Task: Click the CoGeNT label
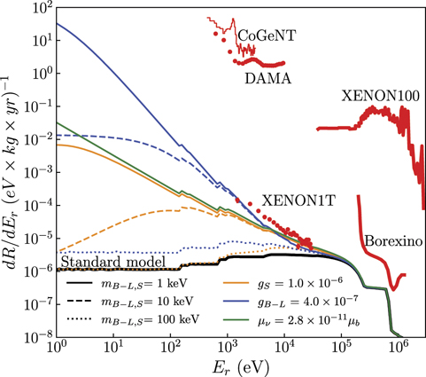pos(266,34)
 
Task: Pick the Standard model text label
pos(106,263)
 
